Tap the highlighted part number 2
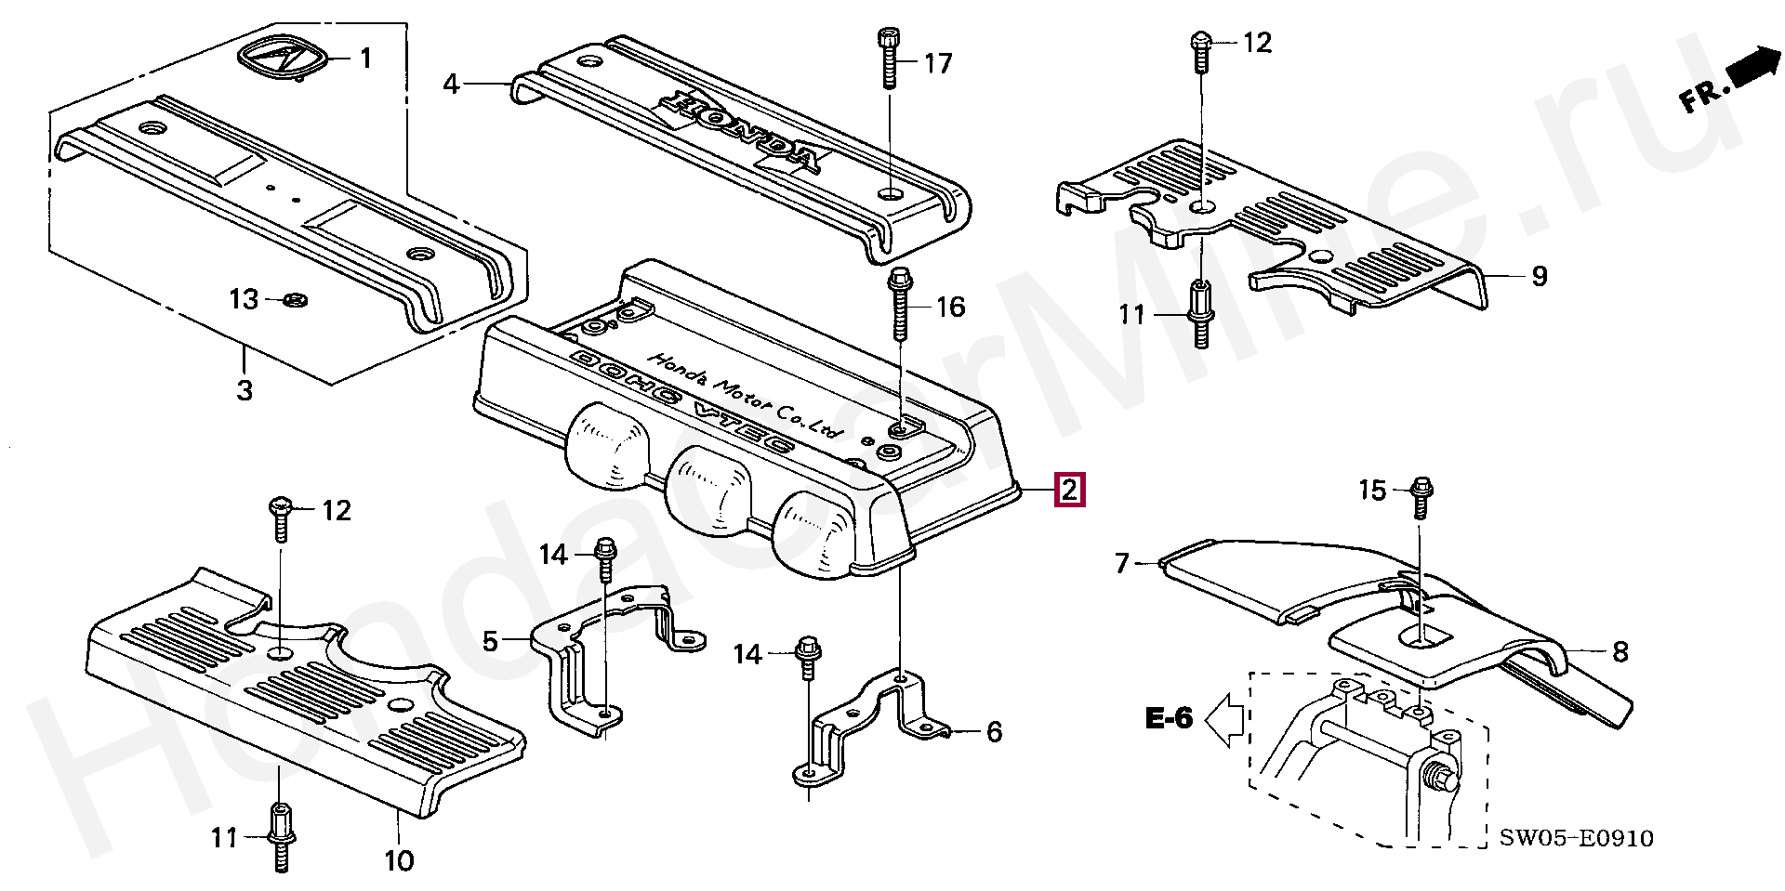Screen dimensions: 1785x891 [x=1069, y=489]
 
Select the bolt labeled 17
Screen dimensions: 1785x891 [x=886, y=59]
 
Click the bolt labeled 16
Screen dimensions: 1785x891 [x=899, y=304]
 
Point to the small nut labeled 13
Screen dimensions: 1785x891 [x=297, y=299]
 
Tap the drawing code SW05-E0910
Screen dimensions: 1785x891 [x=1577, y=839]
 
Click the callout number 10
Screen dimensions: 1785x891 [x=398, y=860]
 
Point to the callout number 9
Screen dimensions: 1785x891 [x=1540, y=276]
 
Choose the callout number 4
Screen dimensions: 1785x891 [x=451, y=85]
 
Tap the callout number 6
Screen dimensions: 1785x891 [x=994, y=732]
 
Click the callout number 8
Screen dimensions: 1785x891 [x=1620, y=652]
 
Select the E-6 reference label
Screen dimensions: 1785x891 [x=1168, y=719]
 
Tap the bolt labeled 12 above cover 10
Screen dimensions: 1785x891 [x=281, y=518]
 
